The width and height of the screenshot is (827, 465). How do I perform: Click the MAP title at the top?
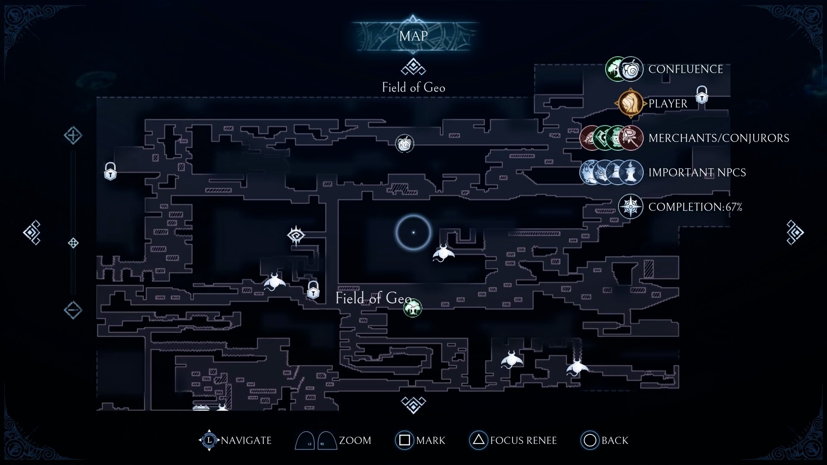(x=413, y=36)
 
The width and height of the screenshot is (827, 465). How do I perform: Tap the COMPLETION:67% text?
(x=695, y=207)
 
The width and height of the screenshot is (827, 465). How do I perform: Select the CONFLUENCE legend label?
(x=685, y=69)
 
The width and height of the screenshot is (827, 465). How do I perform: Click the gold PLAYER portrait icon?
(x=630, y=103)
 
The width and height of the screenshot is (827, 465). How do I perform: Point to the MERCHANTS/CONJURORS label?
(x=718, y=138)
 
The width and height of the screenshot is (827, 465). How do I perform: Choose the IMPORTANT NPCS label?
(x=697, y=173)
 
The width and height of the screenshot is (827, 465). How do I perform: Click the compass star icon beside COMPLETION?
(x=631, y=207)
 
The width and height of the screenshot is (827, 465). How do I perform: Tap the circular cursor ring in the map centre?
(x=413, y=232)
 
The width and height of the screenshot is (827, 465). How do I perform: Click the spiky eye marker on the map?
(x=296, y=235)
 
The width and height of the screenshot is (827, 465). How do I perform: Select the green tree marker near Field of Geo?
(x=413, y=308)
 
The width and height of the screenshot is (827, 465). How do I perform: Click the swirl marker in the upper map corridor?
(x=404, y=144)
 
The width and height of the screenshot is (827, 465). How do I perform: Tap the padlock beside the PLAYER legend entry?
(x=702, y=95)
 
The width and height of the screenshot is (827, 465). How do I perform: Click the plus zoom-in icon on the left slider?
(x=73, y=135)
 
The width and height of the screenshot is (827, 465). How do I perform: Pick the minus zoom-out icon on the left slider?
(x=73, y=310)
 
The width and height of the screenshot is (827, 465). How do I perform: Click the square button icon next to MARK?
(x=404, y=440)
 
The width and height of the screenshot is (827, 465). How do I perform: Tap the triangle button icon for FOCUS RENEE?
(x=478, y=440)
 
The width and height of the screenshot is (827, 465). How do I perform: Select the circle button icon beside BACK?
(x=590, y=440)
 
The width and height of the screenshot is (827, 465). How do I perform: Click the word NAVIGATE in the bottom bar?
(x=246, y=440)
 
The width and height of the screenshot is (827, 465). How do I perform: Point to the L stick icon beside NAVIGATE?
(x=209, y=440)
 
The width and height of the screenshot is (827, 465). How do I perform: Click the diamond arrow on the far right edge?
(x=795, y=232)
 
